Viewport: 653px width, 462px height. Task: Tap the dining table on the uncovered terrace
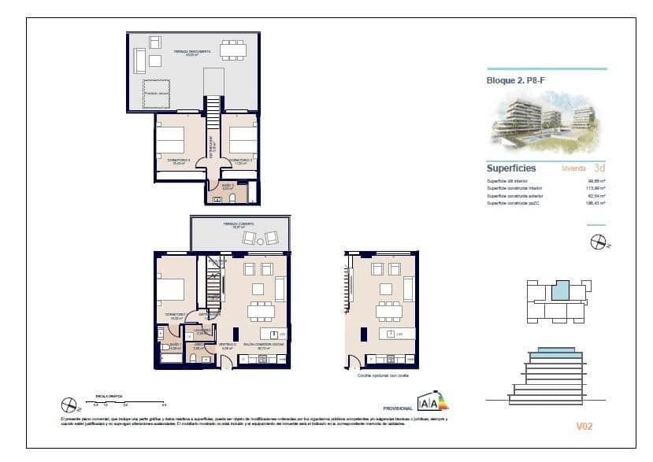click(232, 50)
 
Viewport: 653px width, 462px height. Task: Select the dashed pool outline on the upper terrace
click(156, 94)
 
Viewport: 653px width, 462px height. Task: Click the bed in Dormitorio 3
click(169, 140)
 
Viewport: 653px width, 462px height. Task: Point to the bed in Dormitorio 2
click(243, 140)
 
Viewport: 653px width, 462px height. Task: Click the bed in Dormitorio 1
click(170, 288)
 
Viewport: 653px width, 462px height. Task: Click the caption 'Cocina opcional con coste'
click(381, 377)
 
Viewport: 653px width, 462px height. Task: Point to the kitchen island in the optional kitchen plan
click(386, 334)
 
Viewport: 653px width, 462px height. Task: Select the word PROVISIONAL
click(398, 408)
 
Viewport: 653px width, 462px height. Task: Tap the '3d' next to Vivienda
click(599, 168)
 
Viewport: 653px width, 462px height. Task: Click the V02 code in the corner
click(584, 426)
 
